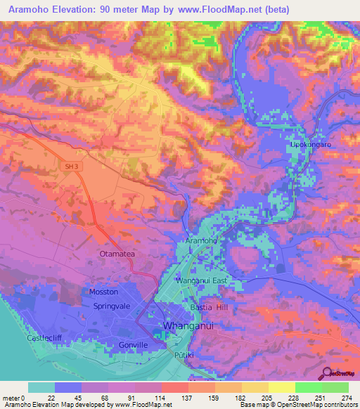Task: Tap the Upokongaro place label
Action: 309,145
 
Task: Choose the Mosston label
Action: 104,292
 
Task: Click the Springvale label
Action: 113,307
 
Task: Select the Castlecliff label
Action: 22,339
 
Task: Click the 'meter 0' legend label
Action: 14,398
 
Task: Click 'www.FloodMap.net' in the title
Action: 216,9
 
